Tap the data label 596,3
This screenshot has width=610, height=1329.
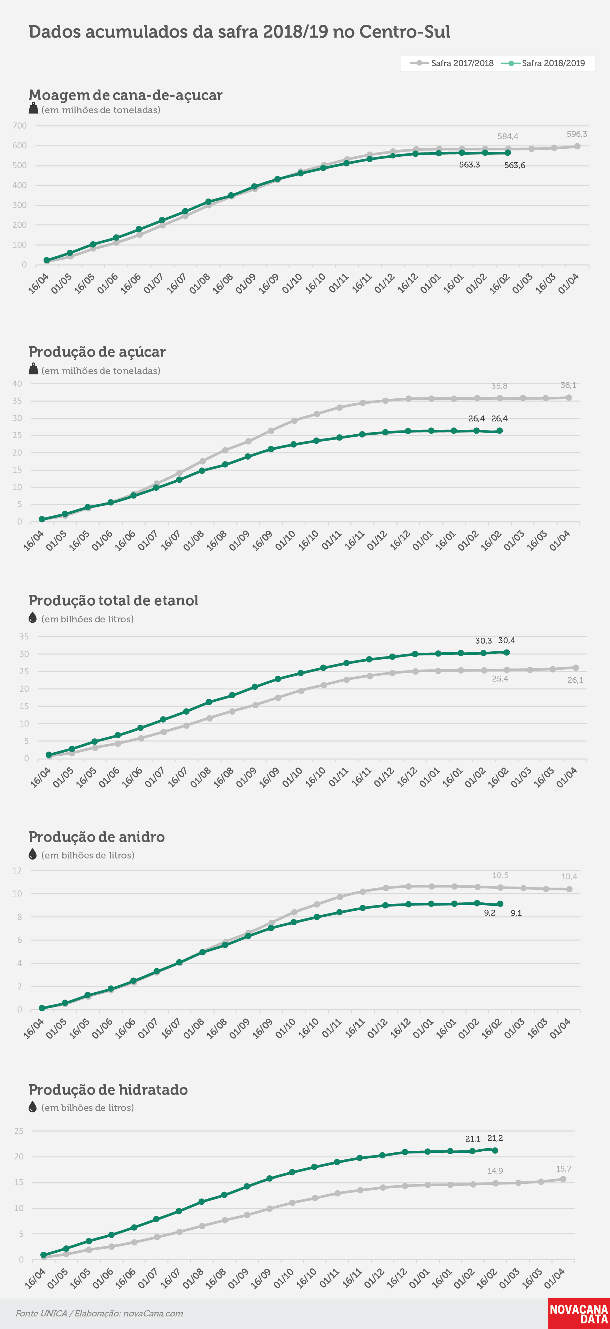(577, 134)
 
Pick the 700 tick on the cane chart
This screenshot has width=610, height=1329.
(20, 126)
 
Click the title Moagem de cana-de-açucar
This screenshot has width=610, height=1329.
(125, 95)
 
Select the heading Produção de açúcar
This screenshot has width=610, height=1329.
(97, 352)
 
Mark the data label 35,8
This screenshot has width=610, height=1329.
(499, 386)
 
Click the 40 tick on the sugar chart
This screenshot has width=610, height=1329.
(17, 384)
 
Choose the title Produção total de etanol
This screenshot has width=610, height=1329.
(114, 600)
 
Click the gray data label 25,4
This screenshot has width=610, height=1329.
(500, 679)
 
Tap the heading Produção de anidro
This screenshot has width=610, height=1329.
(96, 837)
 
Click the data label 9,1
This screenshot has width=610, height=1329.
(516, 913)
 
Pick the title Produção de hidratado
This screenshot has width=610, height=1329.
(108, 1090)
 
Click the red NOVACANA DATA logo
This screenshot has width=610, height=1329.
(579, 1314)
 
